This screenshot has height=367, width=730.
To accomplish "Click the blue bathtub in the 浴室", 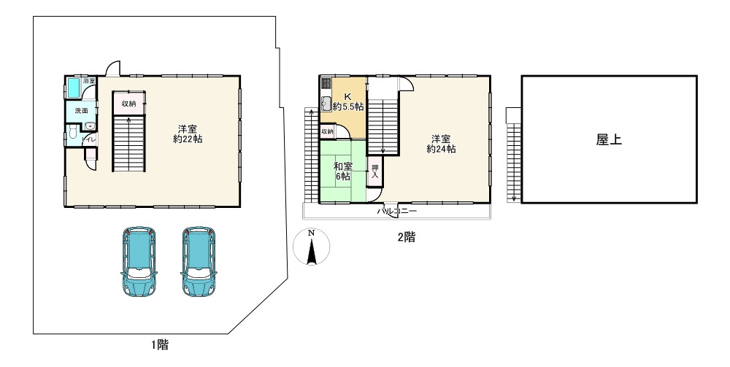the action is pyautogui.click(x=74, y=88).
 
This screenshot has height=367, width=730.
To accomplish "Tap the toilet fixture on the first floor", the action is pyautogui.click(x=72, y=133).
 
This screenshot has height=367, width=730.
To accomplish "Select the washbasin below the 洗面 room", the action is pyautogui.click(x=90, y=126).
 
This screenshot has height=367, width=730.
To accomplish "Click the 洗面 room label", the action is pyautogui.click(x=82, y=111).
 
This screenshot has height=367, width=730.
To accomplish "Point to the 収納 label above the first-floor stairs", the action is pyautogui.click(x=129, y=104).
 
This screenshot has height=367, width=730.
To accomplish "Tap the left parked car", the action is pyautogui.click(x=138, y=262).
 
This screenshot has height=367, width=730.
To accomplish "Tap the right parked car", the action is pyautogui.click(x=199, y=262).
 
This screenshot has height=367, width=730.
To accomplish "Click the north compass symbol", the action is pyautogui.click(x=312, y=247).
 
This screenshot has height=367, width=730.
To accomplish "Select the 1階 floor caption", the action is pyautogui.click(x=160, y=345).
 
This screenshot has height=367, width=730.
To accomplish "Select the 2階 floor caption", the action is pyautogui.click(x=406, y=237).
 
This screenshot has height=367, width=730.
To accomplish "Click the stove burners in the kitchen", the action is pyautogui.click(x=326, y=84).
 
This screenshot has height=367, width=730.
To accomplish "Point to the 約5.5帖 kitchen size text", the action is pyautogui.click(x=347, y=107).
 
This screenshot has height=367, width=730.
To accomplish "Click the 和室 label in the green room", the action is pyautogui.click(x=343, y=166).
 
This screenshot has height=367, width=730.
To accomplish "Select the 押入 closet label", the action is pyautogui.click(x=375, y=171).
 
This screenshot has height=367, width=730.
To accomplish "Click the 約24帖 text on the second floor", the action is pyautogui.click(x=441, y=149).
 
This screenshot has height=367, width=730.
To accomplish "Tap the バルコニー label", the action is pyautogui.click(x=396, y=211).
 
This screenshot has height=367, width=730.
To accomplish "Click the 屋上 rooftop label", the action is pyautogui.click(x=609, y=139).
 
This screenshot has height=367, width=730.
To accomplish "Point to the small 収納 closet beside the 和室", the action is pyautogui.click(x=327, y=131).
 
